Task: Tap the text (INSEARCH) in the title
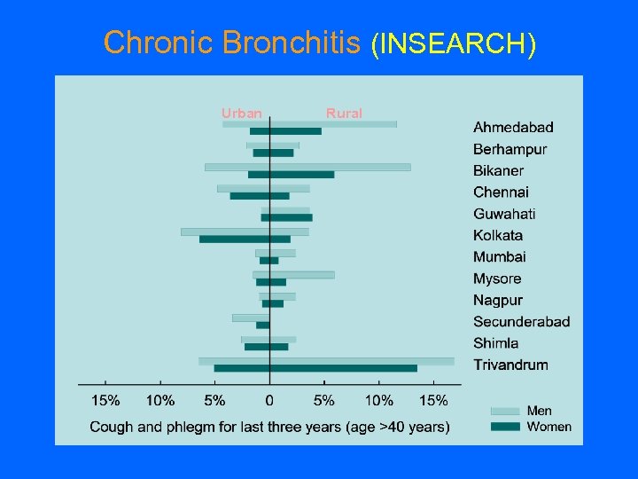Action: pyautogui.click(x=453, y=43)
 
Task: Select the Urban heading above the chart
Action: pyautogui.click(x=241, y=113)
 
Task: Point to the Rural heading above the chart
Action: pyautogui.click(x=344, y=113)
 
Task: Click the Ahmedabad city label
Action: pyautogui.click(x=513, y=128)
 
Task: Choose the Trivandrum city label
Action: pyautogui.click(x=510, y=365)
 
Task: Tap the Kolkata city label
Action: pyautogui.click(x=498, y=235)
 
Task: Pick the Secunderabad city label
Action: pyautogui.click(x=521, y=321)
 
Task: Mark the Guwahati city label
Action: pyautogui.click(x=504, y=214)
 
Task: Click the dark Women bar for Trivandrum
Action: pyautogui.click(x=315, y=368)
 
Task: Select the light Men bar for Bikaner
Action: pyautogui.click(x=307, y=167)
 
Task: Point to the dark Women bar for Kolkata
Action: pyautogui.click(x=245, y=239)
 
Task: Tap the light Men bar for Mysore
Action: pyautogui.click(x=294, y=275)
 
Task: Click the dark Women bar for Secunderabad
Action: pyautogui.click(x=262, y=325)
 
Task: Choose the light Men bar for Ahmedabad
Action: pyautogui.click(x=309, y=124)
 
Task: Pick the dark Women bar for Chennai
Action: pyautogui.click(x=259, y=196)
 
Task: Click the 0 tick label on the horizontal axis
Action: pyautogui.click(x=269, y=400)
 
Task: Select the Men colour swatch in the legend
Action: pyautogui.click(x=505, y=411)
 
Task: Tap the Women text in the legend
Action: pyautogui.click(x=549, y=427)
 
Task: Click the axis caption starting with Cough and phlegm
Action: pyautogui.click(x=269, y=427)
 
